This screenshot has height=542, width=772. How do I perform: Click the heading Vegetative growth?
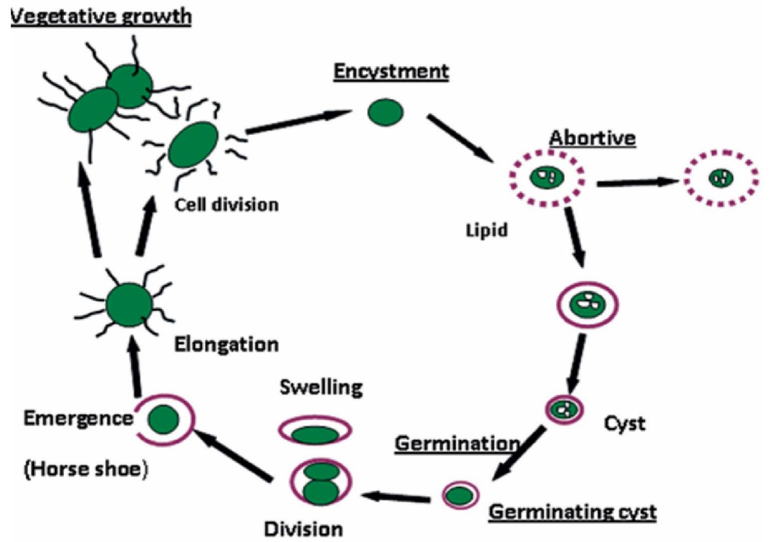tap(101, 17)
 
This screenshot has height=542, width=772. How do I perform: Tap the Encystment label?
tap(391, 71)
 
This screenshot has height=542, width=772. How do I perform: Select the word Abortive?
tap(592, 137)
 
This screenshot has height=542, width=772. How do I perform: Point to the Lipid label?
tap(487, 230)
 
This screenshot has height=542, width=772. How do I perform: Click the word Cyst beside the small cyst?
tap(625, 424)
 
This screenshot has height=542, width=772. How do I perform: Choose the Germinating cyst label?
tap(572, 512)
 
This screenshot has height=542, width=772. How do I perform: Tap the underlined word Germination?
tap(457, 443)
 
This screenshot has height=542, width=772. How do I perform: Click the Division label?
tap(303, 529)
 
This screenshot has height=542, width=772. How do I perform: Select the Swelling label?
tap(321, 387)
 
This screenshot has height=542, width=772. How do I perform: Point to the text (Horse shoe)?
tap(86, 469)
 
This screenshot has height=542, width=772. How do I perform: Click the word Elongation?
tap(226, 344)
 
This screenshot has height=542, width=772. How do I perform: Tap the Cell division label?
tap(226, 205)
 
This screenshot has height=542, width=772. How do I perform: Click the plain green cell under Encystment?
tap(385, 112)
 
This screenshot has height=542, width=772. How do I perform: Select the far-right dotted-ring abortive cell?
tap(722, 177)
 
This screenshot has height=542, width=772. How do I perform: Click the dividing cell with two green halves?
tap(321, 482)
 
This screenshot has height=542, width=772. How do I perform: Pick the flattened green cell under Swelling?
tap(315, 434)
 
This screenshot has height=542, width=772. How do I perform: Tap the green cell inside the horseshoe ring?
tap(164, 419)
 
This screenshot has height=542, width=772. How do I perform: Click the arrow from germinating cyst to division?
tap(396, 497)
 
